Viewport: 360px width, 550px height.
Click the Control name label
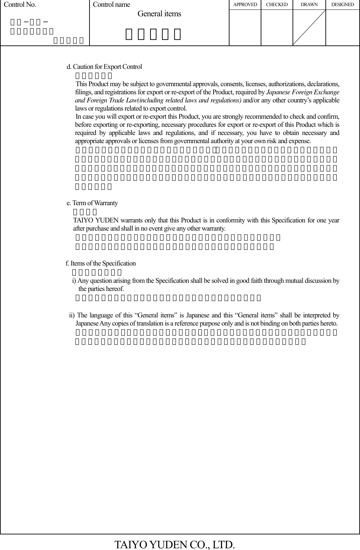click(x=111, y=5)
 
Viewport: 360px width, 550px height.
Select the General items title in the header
click(x=159, y=14)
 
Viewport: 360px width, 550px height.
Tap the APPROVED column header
click(x=245, y=5)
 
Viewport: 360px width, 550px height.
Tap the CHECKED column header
click(x=277, y=5)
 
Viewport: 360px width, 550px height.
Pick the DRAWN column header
click(x=309, y=5)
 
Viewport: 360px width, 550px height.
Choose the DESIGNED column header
click(x=342, y=5)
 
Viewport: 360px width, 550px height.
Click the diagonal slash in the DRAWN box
click(x=309, y=27)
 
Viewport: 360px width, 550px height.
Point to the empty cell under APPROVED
click(x=245, y=27)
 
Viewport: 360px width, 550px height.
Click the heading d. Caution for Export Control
click(x=104, y=67)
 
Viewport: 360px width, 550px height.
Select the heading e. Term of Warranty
click(x=92, y=203)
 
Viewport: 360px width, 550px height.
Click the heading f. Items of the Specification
click(x=101, y=263)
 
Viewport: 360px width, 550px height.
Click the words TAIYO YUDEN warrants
click(x=98, y=220)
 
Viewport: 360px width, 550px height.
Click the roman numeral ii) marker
click(x=72, y=315)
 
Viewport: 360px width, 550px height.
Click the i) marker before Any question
click(x=74, y=281)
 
